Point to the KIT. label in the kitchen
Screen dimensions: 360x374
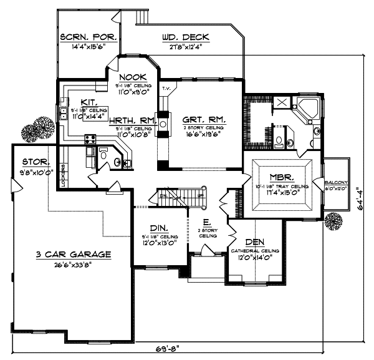88,102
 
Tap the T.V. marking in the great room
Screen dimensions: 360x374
165,88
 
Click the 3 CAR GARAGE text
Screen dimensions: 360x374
74,254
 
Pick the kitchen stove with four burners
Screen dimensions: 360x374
90,150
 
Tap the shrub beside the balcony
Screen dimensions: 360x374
333,221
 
